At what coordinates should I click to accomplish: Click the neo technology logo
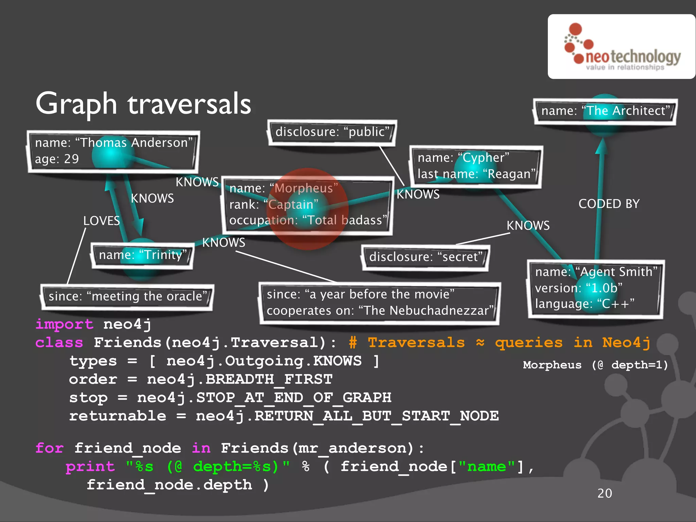point(622,47)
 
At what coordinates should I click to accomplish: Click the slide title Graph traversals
point(143,104)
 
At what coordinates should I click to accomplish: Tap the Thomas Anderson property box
point(113,151)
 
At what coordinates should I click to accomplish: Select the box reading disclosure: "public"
point(332,132)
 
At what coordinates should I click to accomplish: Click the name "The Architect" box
point(605,111)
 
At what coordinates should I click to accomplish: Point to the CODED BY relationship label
point(609,204)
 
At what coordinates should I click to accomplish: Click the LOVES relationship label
point(101,221)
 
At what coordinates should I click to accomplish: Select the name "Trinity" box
point(142,255)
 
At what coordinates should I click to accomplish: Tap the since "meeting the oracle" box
point(127,296)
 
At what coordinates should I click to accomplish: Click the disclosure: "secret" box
point(425,257)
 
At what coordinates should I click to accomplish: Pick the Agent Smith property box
point(595,288)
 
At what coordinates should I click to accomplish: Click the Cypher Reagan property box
point(475,166)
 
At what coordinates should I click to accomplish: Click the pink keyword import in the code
point(64,324)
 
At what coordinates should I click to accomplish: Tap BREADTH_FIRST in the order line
point(269,379)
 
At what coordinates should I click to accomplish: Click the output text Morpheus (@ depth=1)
point(595,365)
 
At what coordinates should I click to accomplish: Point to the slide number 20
point(605,493)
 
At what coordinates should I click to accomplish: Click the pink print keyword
point(90,467)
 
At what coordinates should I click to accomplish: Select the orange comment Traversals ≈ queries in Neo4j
point(500,343)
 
